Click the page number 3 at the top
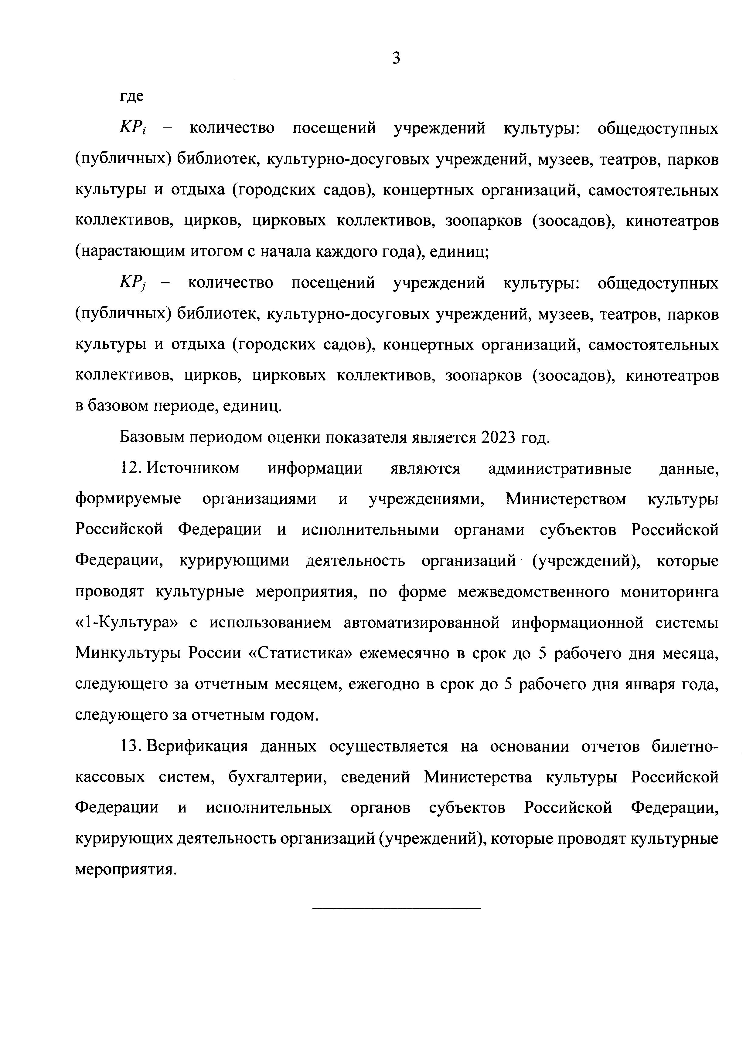coord(396,58)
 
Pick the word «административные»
coord(560,468)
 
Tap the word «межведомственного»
coord(533,592)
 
